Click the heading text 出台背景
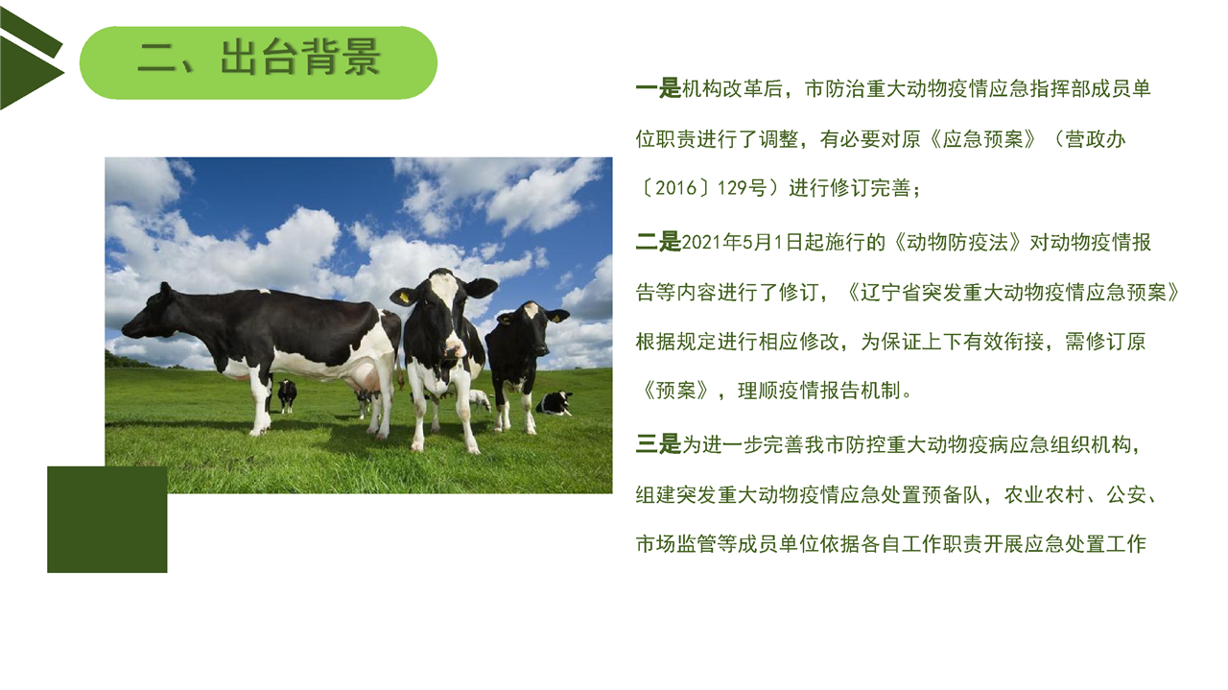click(300, 57)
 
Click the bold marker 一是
click(658, 88)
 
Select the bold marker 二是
click(658, 241)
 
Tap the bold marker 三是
click(658, 443)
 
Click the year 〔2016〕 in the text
click(676, 188)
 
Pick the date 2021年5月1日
click(743, 242)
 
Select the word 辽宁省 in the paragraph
click(890, 293)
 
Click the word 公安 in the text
click(1126, 495)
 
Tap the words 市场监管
click(676, 544)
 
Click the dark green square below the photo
click(106, 519)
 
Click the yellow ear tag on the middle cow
click(404, 297)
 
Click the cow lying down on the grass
click(555, 403)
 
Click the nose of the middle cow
click(455, 347)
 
